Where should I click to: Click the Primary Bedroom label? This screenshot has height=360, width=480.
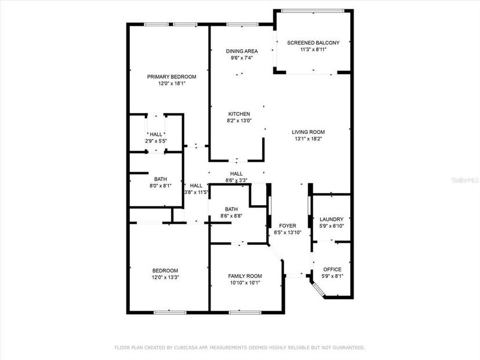(172, 77)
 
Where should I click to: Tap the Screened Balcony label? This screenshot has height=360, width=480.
(313, 43)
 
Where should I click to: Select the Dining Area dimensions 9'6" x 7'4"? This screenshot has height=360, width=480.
(242, 57)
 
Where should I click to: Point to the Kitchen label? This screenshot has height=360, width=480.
(239, 114)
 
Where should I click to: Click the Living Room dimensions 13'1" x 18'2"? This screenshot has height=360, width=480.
(308, 139)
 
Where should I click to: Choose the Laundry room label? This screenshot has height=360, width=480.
(332, 219)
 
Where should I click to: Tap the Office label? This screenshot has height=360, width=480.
(332, 270)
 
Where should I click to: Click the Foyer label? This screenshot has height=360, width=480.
(288, 226)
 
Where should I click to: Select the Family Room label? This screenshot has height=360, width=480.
(245, 276)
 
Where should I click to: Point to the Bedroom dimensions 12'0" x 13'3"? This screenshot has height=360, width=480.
(165, 277)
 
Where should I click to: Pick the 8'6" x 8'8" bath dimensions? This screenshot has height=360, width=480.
(231, 216)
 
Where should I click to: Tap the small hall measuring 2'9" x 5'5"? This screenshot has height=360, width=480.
(156, 138)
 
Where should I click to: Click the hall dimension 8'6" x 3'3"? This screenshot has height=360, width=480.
(237, 181)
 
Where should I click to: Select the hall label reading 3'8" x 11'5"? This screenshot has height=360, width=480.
(196, 189)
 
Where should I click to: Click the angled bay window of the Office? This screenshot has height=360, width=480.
(318, 290)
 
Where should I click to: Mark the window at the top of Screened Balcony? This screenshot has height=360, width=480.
(313, 11)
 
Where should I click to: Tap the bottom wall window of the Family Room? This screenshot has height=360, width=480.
(245, 312)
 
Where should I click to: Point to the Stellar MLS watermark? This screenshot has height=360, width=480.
(465, 180)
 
